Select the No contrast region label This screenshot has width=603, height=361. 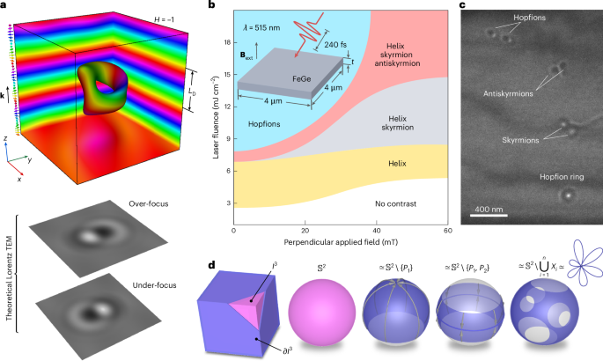coord(405,203)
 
